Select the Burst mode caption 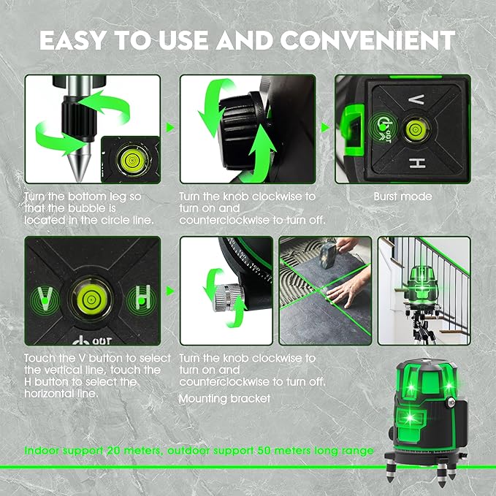click(402, 197)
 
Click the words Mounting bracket click(224, 399)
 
